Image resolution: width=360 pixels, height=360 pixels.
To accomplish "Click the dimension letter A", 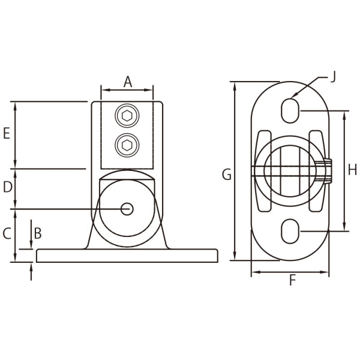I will point(127,82).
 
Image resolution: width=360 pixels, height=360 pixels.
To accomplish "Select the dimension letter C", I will point(7,233).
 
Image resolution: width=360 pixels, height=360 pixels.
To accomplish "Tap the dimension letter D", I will point(7,188).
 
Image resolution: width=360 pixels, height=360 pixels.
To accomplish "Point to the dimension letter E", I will point(7,134).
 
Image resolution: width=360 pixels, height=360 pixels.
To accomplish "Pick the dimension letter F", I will point(292,280).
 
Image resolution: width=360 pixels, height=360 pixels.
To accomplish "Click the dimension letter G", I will point(226,175).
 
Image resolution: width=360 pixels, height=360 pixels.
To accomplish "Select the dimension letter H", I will point(353,170).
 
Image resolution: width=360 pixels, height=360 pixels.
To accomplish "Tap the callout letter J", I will point(333,76).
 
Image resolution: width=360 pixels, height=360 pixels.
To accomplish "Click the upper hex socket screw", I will point(127,116).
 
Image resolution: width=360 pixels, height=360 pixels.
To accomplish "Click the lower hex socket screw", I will point(127,144).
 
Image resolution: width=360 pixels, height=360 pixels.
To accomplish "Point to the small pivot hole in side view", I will point(127,208).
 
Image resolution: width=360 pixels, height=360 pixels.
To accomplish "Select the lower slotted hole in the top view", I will point(290,231).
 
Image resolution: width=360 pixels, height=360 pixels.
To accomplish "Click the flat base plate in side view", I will point(127,256).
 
